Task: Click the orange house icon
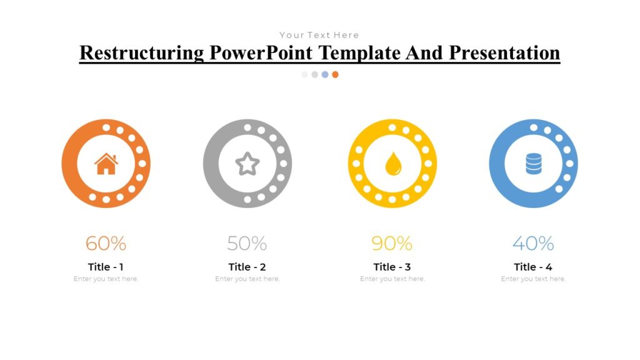106,164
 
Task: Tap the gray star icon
247,164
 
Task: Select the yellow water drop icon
392,164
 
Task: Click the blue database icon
533,164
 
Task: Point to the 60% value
106,243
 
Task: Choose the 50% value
247,243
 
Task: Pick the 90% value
392,243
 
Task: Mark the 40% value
533,243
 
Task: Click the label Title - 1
106,267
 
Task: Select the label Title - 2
247,267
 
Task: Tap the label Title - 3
392,267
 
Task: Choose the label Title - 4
533,267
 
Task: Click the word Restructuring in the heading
142,52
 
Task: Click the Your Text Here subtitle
319,35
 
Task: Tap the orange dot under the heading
336,74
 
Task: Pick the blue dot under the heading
325,74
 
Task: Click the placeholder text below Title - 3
392,279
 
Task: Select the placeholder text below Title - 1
106,279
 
